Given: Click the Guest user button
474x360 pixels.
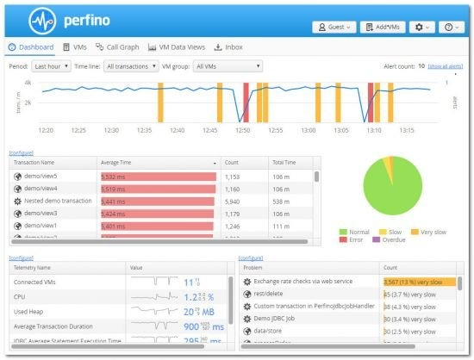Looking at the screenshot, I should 334,27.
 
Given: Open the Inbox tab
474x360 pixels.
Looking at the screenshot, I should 228,47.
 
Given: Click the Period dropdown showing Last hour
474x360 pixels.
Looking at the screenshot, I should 51,66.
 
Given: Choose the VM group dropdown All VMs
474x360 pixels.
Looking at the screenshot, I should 228,66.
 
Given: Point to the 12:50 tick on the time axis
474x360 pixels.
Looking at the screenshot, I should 243,130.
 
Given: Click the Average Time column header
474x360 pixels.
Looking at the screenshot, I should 121,162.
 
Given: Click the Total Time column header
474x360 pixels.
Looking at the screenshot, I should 284,162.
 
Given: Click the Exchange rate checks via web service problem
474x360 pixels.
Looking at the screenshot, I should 303,282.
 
